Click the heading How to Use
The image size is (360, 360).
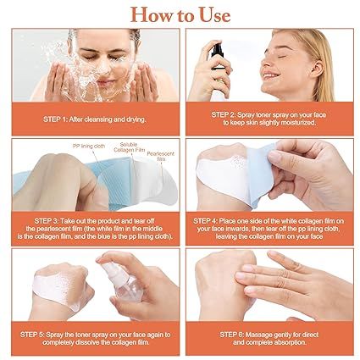pyautogui.click(x=180, y=14)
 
